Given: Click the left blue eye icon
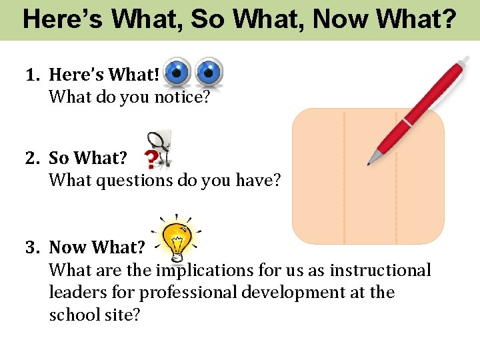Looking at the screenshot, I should tap(178, 71).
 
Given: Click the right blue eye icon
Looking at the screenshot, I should tap(209, 71).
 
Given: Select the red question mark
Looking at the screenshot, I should tap(153, 159).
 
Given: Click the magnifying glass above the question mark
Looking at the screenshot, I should tap(160, 143).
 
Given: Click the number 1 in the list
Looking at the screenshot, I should tap(31, 75).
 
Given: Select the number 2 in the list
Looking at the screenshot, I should tap(31, 159).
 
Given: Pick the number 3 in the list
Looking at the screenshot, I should tap(31, 248).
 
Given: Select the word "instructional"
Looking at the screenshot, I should tap(380, 271).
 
